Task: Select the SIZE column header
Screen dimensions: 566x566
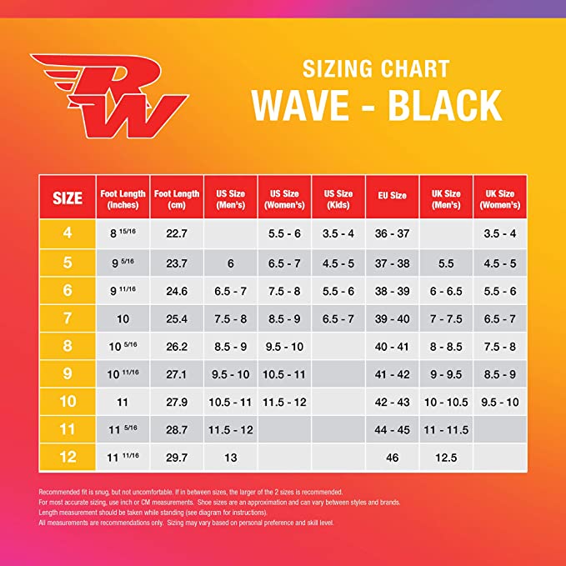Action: tap(68, 198)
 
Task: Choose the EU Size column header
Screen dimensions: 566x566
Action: tap(392, 196)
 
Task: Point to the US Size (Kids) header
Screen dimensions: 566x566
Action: tap(338, 198)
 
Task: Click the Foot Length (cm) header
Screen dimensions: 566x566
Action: tap(177, 198)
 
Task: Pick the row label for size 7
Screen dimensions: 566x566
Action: tap(68, 318)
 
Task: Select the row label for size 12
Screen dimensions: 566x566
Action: tap(68, 458)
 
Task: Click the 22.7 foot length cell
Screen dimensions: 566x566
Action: tap(177, 235)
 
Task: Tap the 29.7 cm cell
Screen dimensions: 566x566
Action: tap(177, 458)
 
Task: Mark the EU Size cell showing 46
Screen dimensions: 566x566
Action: tap(392, 458)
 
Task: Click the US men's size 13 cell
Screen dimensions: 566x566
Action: tap(231, 458)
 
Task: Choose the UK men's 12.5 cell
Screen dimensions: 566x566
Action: tap(446, 458)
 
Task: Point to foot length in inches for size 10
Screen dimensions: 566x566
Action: tap(123, 402)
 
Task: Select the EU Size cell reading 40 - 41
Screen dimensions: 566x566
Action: tap(392, 346)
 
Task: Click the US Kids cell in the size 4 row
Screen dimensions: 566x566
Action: tap(338, 235)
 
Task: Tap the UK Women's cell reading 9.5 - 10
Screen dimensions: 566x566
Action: tap(499, 402)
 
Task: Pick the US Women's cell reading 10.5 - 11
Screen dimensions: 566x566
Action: tap(284, 374)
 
